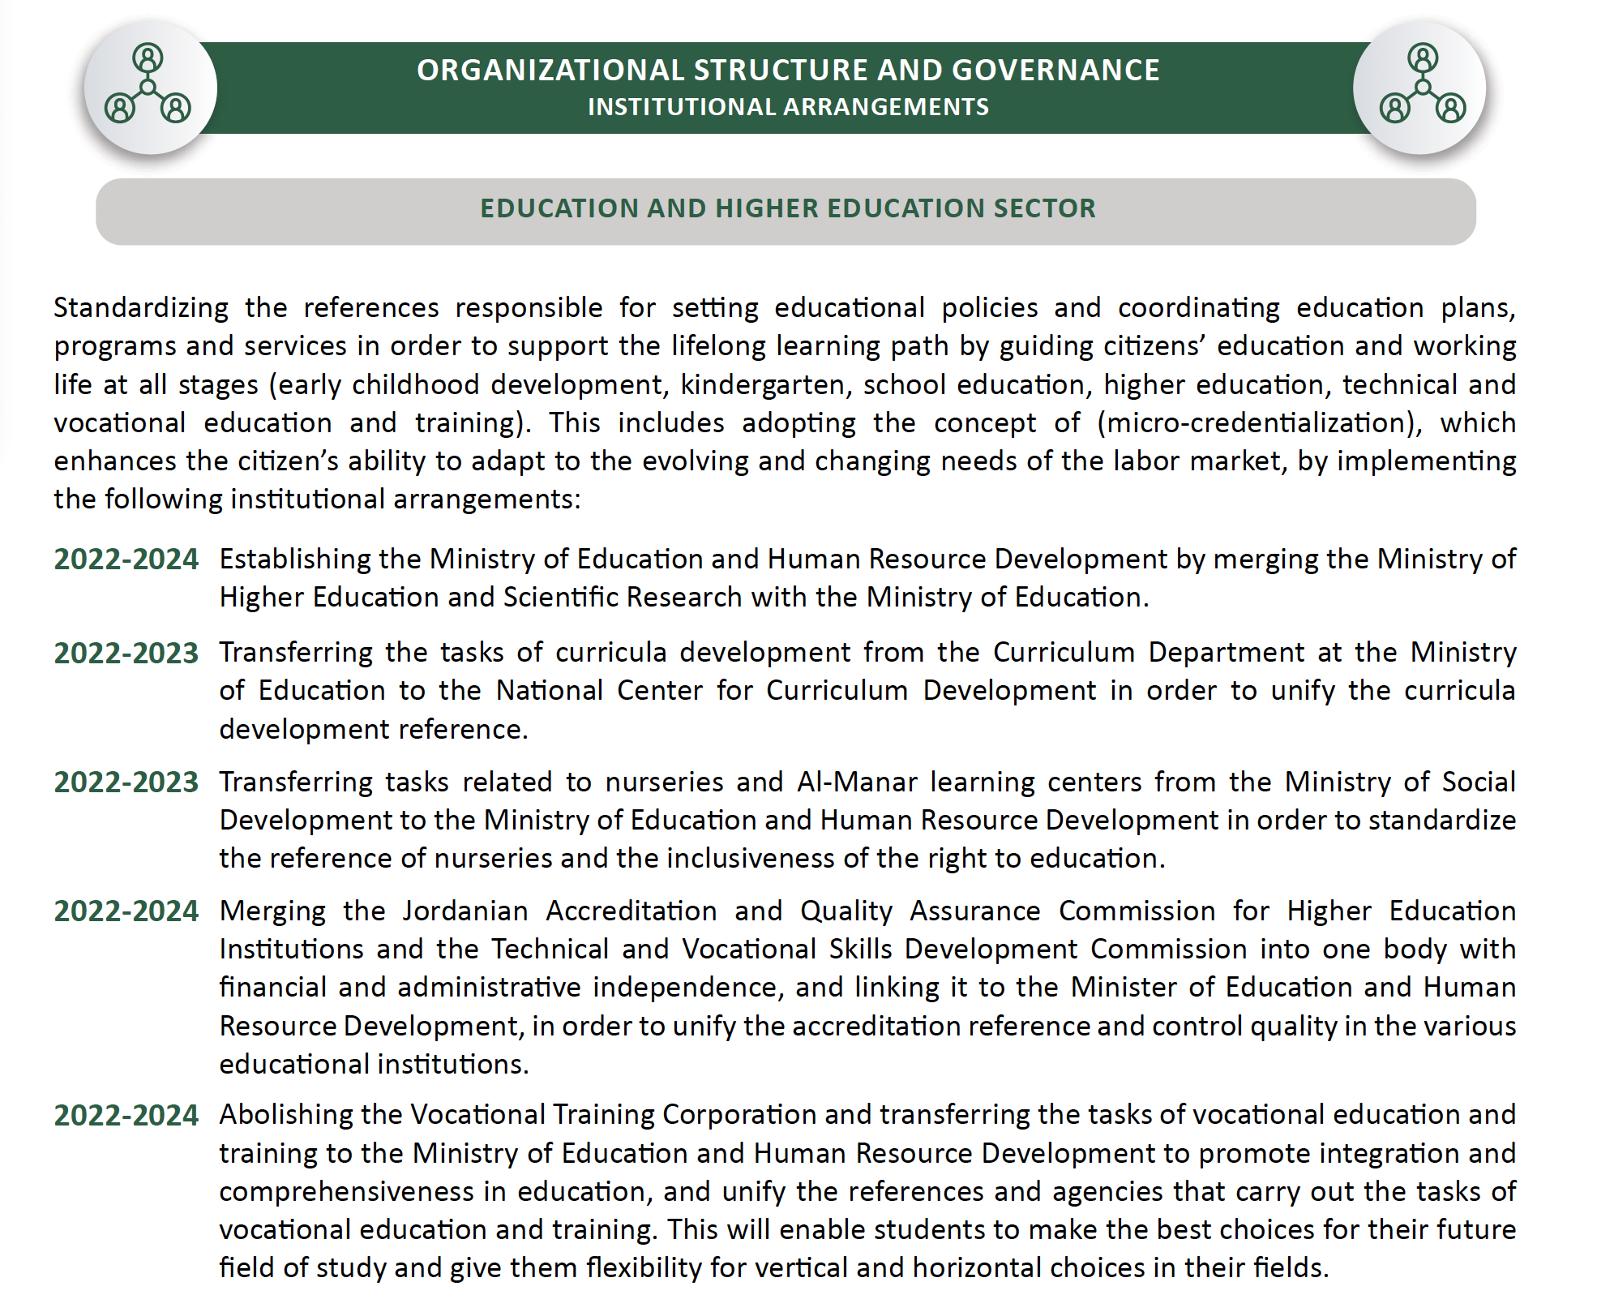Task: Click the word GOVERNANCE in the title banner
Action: (1055, 71)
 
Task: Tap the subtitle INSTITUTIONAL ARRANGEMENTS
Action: (788, 107)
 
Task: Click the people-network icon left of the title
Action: (149, 86)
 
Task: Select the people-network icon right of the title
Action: (1421, 86)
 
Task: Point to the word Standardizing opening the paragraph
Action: (141, 308)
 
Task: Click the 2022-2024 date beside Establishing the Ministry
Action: (126, 560)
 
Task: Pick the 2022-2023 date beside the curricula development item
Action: (126, 654)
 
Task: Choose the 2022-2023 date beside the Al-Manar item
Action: (126, 782)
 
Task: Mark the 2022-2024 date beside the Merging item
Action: (126, 911)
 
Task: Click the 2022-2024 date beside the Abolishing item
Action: (126, 1116)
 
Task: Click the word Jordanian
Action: (465, 911)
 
